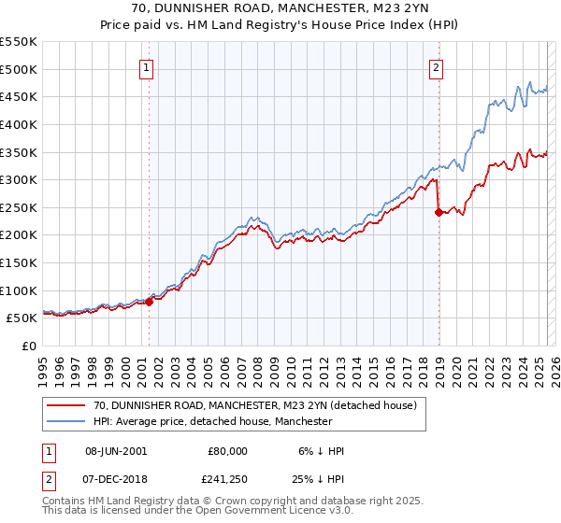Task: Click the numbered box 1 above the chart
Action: [x=149, y=66]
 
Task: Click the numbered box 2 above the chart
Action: [x=437, y=66]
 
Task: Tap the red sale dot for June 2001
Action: [x=149, y=302]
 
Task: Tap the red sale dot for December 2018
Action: [x=439, y=212]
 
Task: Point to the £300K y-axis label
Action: [x=19, y=179]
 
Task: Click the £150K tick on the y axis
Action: [x=19, y=262]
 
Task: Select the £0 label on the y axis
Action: [x=28, y=346]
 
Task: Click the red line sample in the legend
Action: [x=64, y=405]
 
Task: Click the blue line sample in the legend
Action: [x=64, y=422]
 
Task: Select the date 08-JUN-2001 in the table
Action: [x=115, y=451]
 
